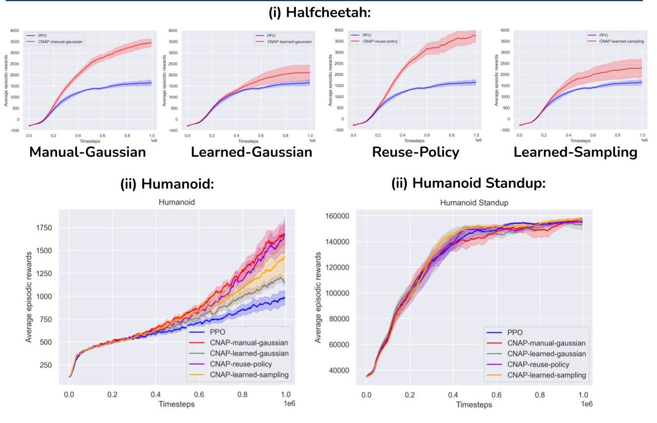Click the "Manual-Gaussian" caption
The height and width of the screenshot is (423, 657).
coord(88,152)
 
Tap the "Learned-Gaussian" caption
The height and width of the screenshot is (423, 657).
coord(251,152)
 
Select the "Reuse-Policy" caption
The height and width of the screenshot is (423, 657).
coord(415,152)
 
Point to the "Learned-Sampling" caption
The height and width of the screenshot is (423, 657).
coord(576,152)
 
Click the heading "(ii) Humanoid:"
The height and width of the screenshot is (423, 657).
coord(160,184)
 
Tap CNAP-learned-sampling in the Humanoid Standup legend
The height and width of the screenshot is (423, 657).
coord(546,375)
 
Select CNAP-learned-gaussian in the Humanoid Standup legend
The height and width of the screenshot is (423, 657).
coord(546,354)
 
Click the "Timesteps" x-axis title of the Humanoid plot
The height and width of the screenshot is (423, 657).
coord(177,404)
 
